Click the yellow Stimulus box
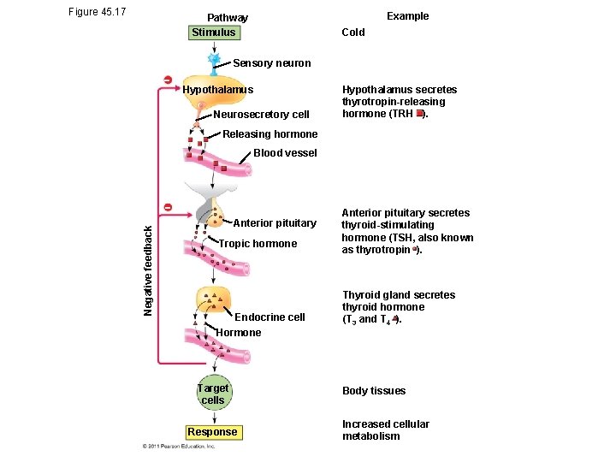[x=214, y=33]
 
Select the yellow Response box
[x=213, y=432]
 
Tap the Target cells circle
[x=213, y=394]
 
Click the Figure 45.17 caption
[x=97, y=12]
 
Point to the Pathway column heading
[x=228, y=18]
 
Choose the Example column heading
[x=407, y=16]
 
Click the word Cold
[x=353, y=33]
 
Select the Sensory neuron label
[x=272, y=63]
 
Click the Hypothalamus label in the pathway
[x=218, y=90]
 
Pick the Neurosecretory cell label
[x=261, y=115]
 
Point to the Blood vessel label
[x=285, y=153]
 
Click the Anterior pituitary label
[x=275, y=223]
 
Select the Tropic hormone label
[x=258, y=244]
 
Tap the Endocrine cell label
[x=269, y=317]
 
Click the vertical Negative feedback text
[x=147, y=269]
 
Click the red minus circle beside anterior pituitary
[x=169, y=208]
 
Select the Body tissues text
[x=374, y=391]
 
